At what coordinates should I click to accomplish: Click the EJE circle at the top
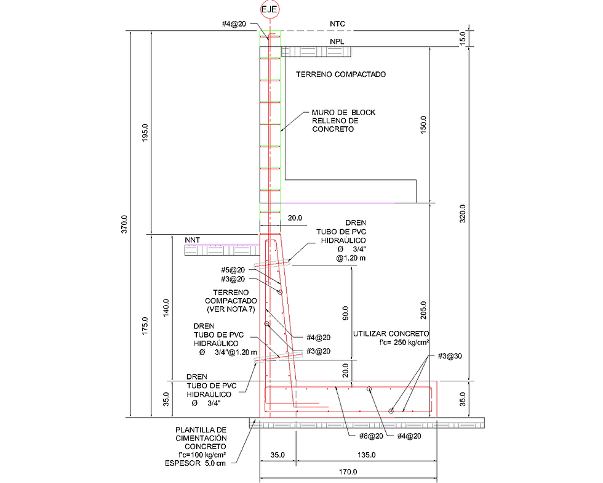pyautogui.click(x=270, y=9)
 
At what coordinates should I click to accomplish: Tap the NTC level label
pyautogui.click(x=337, y=24)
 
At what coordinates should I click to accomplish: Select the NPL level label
pyautogui.click(x=337, y=42)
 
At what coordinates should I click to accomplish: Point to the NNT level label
pyautogui.click(x=192, y=240)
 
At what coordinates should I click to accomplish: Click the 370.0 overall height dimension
pyautogui.click(x=124, y=224)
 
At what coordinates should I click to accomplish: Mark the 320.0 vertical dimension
pyautogui.click(x=463, y=213)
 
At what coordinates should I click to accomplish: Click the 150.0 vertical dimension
pyautogui.click(x=423, y=124)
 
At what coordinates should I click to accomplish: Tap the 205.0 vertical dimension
pyautogui.click(x=423, y=310)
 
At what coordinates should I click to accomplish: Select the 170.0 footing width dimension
pyautogui.click(x=348, y=472)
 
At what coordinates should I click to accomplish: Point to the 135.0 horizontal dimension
pyautogui.click(x=367, y=455)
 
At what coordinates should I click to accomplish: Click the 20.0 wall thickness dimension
pyautogui.click(x=295, y=218)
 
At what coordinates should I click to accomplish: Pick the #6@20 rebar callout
pyautogui.click(x=371, y=436)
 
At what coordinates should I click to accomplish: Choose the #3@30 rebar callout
pyautogui.click(x=450, y=356)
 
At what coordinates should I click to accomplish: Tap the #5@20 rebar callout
pyautogui.click(x=233, y=270)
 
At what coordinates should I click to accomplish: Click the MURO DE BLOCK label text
pyautogui.click(x=343, y=113)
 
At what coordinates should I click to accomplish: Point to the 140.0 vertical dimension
pyautogui.click(x=166, y=308)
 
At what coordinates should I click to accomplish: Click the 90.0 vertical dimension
pyautogui.click(x=345, y=313)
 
